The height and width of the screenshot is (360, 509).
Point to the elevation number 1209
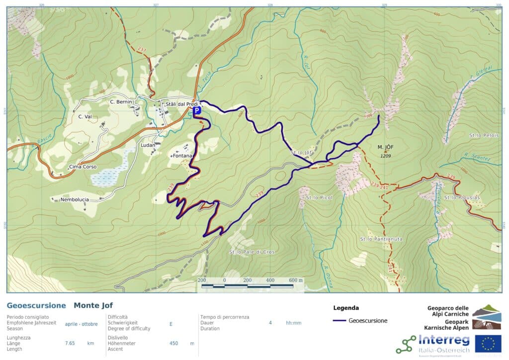pyautogui.click(x=386, y=156)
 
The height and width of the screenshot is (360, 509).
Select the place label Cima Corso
pyautogui.click(x=83, y=167)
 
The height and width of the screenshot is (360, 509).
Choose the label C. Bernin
pyautogui.click(x=121, y=102)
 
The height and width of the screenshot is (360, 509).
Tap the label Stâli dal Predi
pyautogui.click(x=182, y=104)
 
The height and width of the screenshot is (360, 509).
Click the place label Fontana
pyautogui.click(x=182, y=156)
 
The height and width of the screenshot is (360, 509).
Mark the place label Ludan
pyautogui.click(x=148, y=145)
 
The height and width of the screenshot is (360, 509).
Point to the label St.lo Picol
pyautogui.click(x=320, y=197)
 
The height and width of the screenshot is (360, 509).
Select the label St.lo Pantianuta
pyautogui.click(x=381, y=239)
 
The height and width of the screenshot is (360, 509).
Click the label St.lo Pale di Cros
pyautogui.click(x=252, y=252)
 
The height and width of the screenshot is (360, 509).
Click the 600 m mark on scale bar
pyautogui.click(x=296, y=280)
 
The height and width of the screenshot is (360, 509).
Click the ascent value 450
pyautogui.click(x=173, y=343)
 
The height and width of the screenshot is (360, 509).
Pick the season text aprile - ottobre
pyautogui.click(x=81, y=324)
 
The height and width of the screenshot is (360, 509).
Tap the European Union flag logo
pyautogui.click(x=488, y=344)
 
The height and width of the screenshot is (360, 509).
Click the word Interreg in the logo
pyautogui.click(x=444, y=341)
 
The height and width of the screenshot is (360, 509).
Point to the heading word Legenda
pyautogui.click(x=345, y=308)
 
